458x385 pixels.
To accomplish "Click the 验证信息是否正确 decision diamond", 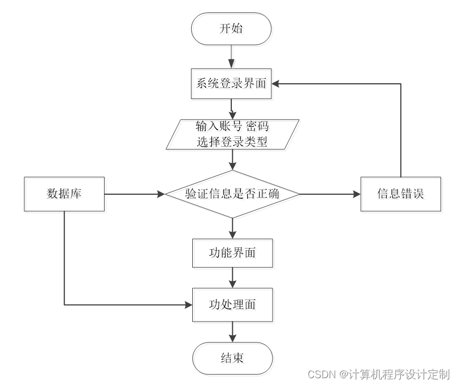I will (x=232, y=194).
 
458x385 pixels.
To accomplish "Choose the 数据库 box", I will (x=64, y=194).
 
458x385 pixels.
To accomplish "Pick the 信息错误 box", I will (x=401, y=194).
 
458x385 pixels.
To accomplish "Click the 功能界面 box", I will (x=232, y=253).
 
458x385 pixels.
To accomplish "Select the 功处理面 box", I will (x=232, y=305).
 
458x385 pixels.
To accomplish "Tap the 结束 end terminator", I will (x=232, y=358).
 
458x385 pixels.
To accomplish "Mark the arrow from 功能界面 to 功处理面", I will (x=232, y=277).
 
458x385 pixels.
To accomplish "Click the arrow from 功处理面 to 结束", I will (x=232, y=331).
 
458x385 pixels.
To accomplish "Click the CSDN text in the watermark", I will (x=321, y=374).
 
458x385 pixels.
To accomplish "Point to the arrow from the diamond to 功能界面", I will (x=232, y=228).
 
